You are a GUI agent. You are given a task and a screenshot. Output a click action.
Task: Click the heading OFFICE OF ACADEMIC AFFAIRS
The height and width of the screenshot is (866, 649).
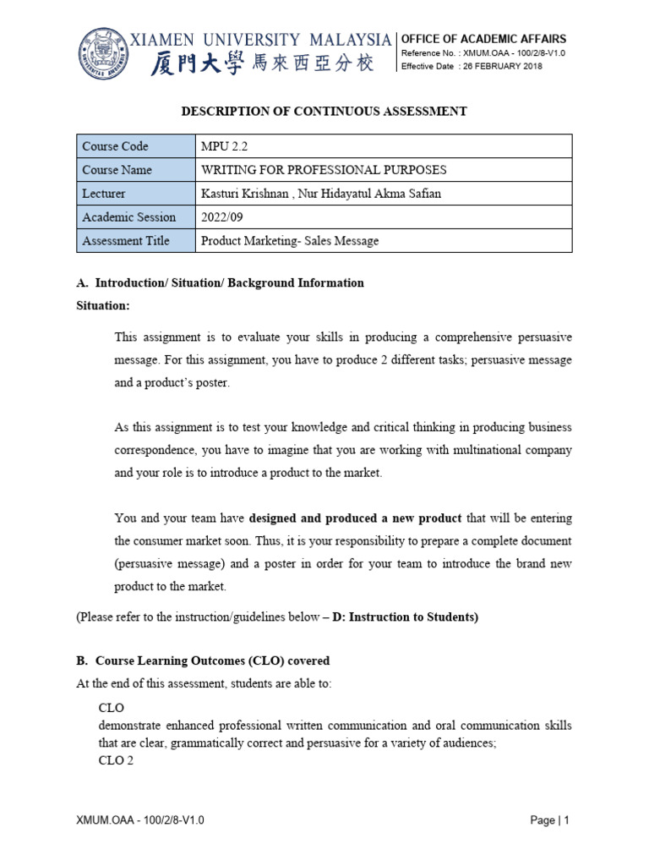pos(483,39)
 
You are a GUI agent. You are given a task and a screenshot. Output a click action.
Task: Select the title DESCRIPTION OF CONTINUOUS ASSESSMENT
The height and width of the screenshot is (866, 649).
pos(324,111)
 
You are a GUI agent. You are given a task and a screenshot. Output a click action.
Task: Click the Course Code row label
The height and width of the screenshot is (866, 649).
pos(115,146)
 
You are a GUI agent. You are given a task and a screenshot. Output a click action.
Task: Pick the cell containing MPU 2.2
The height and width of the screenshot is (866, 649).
pos(224,146)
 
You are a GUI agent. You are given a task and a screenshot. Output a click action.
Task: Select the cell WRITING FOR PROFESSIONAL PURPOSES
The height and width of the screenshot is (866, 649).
pos(324,170)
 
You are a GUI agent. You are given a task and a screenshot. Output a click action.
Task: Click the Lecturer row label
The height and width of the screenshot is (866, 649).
pos(104,194)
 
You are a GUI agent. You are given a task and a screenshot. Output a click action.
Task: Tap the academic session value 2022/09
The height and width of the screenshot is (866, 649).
pos(221,217)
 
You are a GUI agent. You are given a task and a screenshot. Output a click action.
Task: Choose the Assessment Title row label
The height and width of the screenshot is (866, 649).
pos(126,241)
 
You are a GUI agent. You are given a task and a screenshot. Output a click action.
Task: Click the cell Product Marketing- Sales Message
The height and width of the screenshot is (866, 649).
pos(290,241)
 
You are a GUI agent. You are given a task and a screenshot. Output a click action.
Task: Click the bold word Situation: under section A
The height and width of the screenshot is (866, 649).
pos(103,305)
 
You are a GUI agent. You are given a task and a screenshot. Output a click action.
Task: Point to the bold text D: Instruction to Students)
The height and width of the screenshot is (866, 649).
pos(408,617)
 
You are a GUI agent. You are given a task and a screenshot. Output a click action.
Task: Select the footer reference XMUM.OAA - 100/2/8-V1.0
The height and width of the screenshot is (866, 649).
pos(140,820)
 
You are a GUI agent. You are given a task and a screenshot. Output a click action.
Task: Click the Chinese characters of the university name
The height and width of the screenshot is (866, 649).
pos(261,63)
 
